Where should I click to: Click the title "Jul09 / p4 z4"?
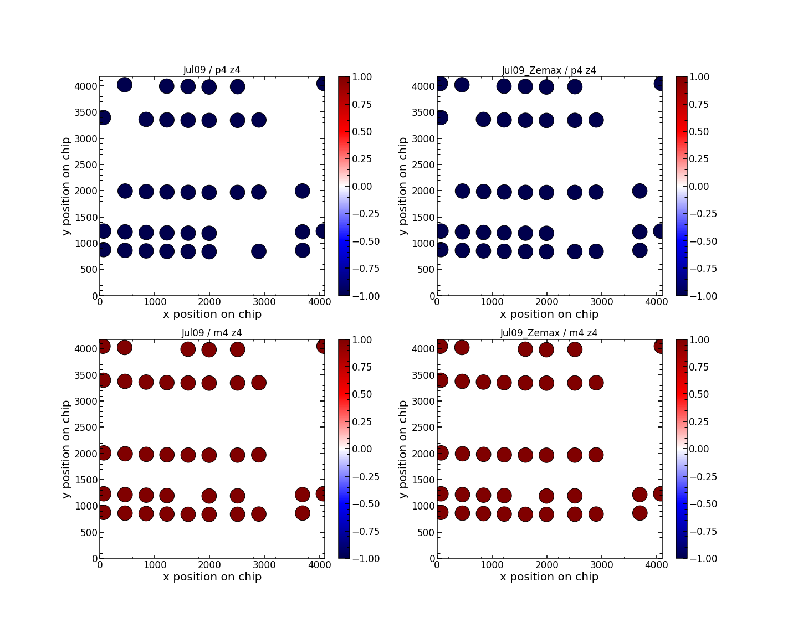click(212, 70)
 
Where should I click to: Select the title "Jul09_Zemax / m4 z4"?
click(549, 333)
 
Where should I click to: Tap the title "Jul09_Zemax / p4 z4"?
click(549, 70)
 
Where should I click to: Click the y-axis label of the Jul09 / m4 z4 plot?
click(66, 449)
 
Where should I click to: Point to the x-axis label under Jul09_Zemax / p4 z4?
click(549, 314)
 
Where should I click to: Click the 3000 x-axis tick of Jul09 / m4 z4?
click(264, 565)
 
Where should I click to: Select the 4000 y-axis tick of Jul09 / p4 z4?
click(83, 86)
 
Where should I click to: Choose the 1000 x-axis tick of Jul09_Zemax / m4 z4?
click(491, 565)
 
